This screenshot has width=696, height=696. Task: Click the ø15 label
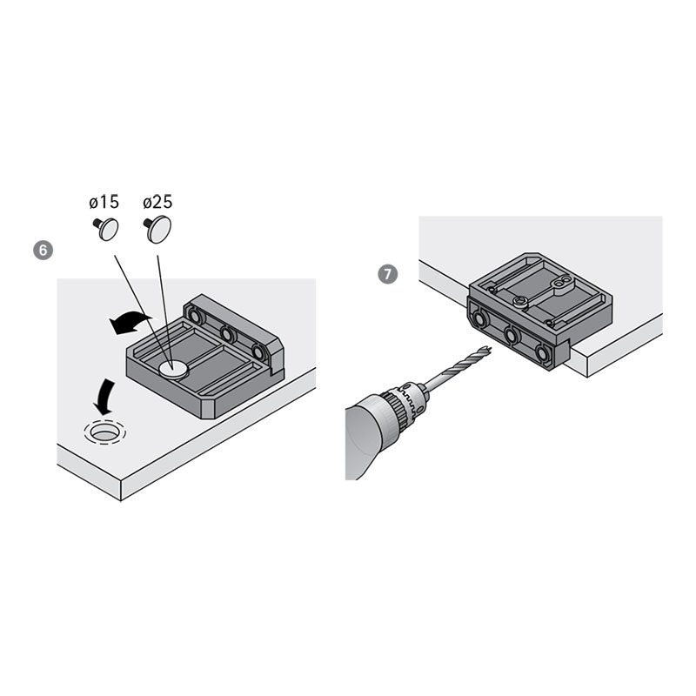104,202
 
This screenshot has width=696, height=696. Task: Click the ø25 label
157,202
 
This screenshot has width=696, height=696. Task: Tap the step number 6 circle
43,251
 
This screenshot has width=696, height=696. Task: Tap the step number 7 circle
387,274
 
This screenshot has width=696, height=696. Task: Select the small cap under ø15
106,229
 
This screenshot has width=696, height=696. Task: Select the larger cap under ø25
157,229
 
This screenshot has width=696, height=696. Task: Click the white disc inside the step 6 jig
173,369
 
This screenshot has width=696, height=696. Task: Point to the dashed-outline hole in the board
104,432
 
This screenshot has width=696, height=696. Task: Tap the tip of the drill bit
491,349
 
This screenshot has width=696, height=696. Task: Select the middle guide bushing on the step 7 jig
512,335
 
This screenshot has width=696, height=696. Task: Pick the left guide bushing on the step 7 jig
480,318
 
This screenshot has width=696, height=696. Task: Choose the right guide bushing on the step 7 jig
542,353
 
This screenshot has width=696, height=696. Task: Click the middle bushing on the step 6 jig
228,333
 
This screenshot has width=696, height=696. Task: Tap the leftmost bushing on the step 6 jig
194,315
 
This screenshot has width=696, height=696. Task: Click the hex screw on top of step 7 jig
519,302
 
